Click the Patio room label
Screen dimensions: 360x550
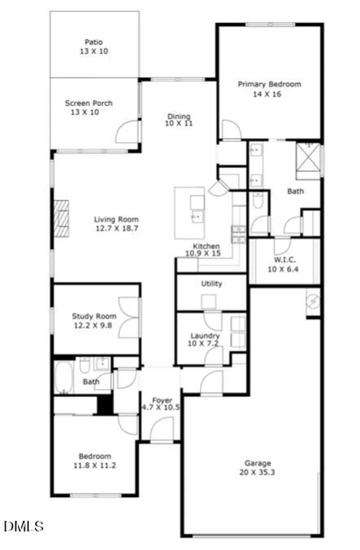click(94, 42)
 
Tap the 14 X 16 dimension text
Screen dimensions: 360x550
click(267, 94)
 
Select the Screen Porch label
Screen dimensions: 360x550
click(89, 103)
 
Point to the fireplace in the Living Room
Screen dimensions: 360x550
click(61, 219)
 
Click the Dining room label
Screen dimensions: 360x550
click(179, 116)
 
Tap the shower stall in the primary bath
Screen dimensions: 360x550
click(308, 157)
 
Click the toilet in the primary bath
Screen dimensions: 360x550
click(258, 200)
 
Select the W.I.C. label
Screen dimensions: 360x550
click(285, 260)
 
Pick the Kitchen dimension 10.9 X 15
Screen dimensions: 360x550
click(203, 253)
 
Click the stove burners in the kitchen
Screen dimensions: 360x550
click(239, 234)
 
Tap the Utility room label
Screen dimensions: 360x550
click(212, 283)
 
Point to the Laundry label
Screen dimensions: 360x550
click(205, 335)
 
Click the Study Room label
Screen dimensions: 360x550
click(94, 316)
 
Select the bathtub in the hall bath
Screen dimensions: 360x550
click(63, 377)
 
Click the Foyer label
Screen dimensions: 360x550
click(162, 400)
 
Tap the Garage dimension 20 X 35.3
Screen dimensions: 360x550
click(257, 472)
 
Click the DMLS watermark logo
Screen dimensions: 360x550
click(23, 526)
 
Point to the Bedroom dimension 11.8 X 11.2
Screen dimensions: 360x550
click(95, 465)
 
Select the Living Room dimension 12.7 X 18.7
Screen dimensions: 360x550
click(117, 228)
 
